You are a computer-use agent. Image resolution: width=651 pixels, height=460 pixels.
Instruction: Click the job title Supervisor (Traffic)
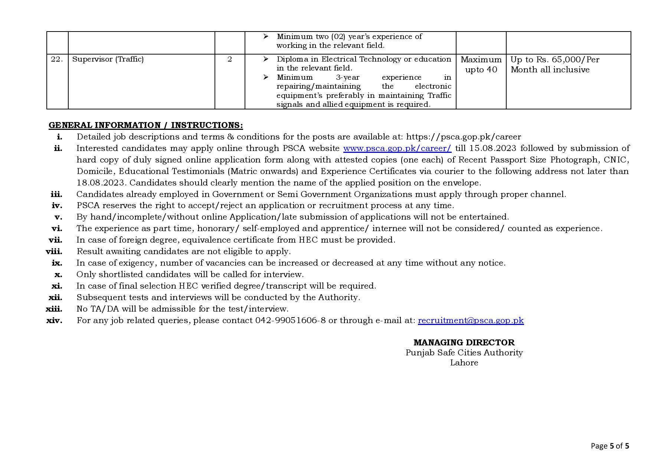tap(108, 59)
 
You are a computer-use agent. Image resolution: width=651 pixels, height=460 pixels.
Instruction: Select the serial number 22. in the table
tap(57, 59)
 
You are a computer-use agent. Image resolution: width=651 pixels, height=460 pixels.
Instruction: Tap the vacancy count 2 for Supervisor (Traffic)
tap(230, 59)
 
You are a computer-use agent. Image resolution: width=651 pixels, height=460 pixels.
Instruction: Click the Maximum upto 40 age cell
tap(481, 65)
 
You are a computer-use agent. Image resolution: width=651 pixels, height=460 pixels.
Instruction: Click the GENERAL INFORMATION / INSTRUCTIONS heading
tap(146, 125)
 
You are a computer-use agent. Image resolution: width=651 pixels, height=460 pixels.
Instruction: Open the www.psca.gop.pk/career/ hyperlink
tap(397, 148)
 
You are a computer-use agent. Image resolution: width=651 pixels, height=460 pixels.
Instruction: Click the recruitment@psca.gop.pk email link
tap(471, 321)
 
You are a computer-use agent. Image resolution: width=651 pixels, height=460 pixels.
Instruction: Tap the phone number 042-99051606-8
tap(290, 321)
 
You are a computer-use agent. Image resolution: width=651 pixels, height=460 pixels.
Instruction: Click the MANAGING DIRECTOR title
tap(464, 342)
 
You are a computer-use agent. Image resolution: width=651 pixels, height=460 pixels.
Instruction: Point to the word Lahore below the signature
tap(464, 363)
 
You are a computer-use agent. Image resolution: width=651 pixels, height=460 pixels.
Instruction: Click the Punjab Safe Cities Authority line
tap(464, 353)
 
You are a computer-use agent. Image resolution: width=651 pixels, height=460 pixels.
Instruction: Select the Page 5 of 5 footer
tap(610, 446)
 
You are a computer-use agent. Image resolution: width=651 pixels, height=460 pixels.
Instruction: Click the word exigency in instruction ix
tap(137, 263)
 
